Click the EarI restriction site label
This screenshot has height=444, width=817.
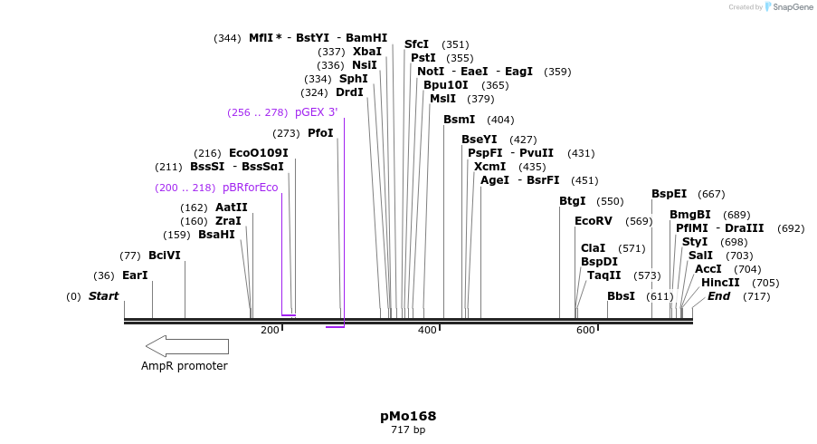[x=135, y=275]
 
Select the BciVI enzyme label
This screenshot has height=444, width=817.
[x=165, y=256]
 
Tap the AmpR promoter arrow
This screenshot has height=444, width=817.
[x=187, y=345]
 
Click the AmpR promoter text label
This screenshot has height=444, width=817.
[x=185, y=366]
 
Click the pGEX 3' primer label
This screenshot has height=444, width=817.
[x=316, y=112]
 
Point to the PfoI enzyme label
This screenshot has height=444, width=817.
[x=320, y=133]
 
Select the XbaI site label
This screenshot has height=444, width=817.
[x=367, y=52]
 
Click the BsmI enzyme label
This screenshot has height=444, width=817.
[x=459, y=120]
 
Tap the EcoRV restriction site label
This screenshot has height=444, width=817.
[x=594, y=221]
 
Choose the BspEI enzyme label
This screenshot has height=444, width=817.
[x=669, y=194]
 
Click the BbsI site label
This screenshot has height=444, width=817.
[x=621, y=296]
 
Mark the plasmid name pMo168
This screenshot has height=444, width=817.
[x=408, y=416]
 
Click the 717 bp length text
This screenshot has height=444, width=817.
[x=408, y=430]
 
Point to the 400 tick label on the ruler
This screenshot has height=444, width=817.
[x=427, y=330]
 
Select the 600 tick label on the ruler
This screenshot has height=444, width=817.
[x=585, y=330]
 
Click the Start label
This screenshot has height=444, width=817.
[x=103, y=296]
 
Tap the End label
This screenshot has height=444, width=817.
[x=718, y=296]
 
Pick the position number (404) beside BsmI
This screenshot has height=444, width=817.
[x=500, y=120]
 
